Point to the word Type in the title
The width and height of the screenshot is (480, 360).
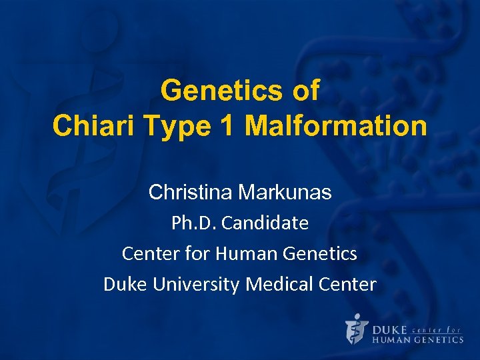pos(175,126)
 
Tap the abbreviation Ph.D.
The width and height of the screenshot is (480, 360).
pos(194,223)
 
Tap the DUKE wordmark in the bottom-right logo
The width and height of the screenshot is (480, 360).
pos(389,329)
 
